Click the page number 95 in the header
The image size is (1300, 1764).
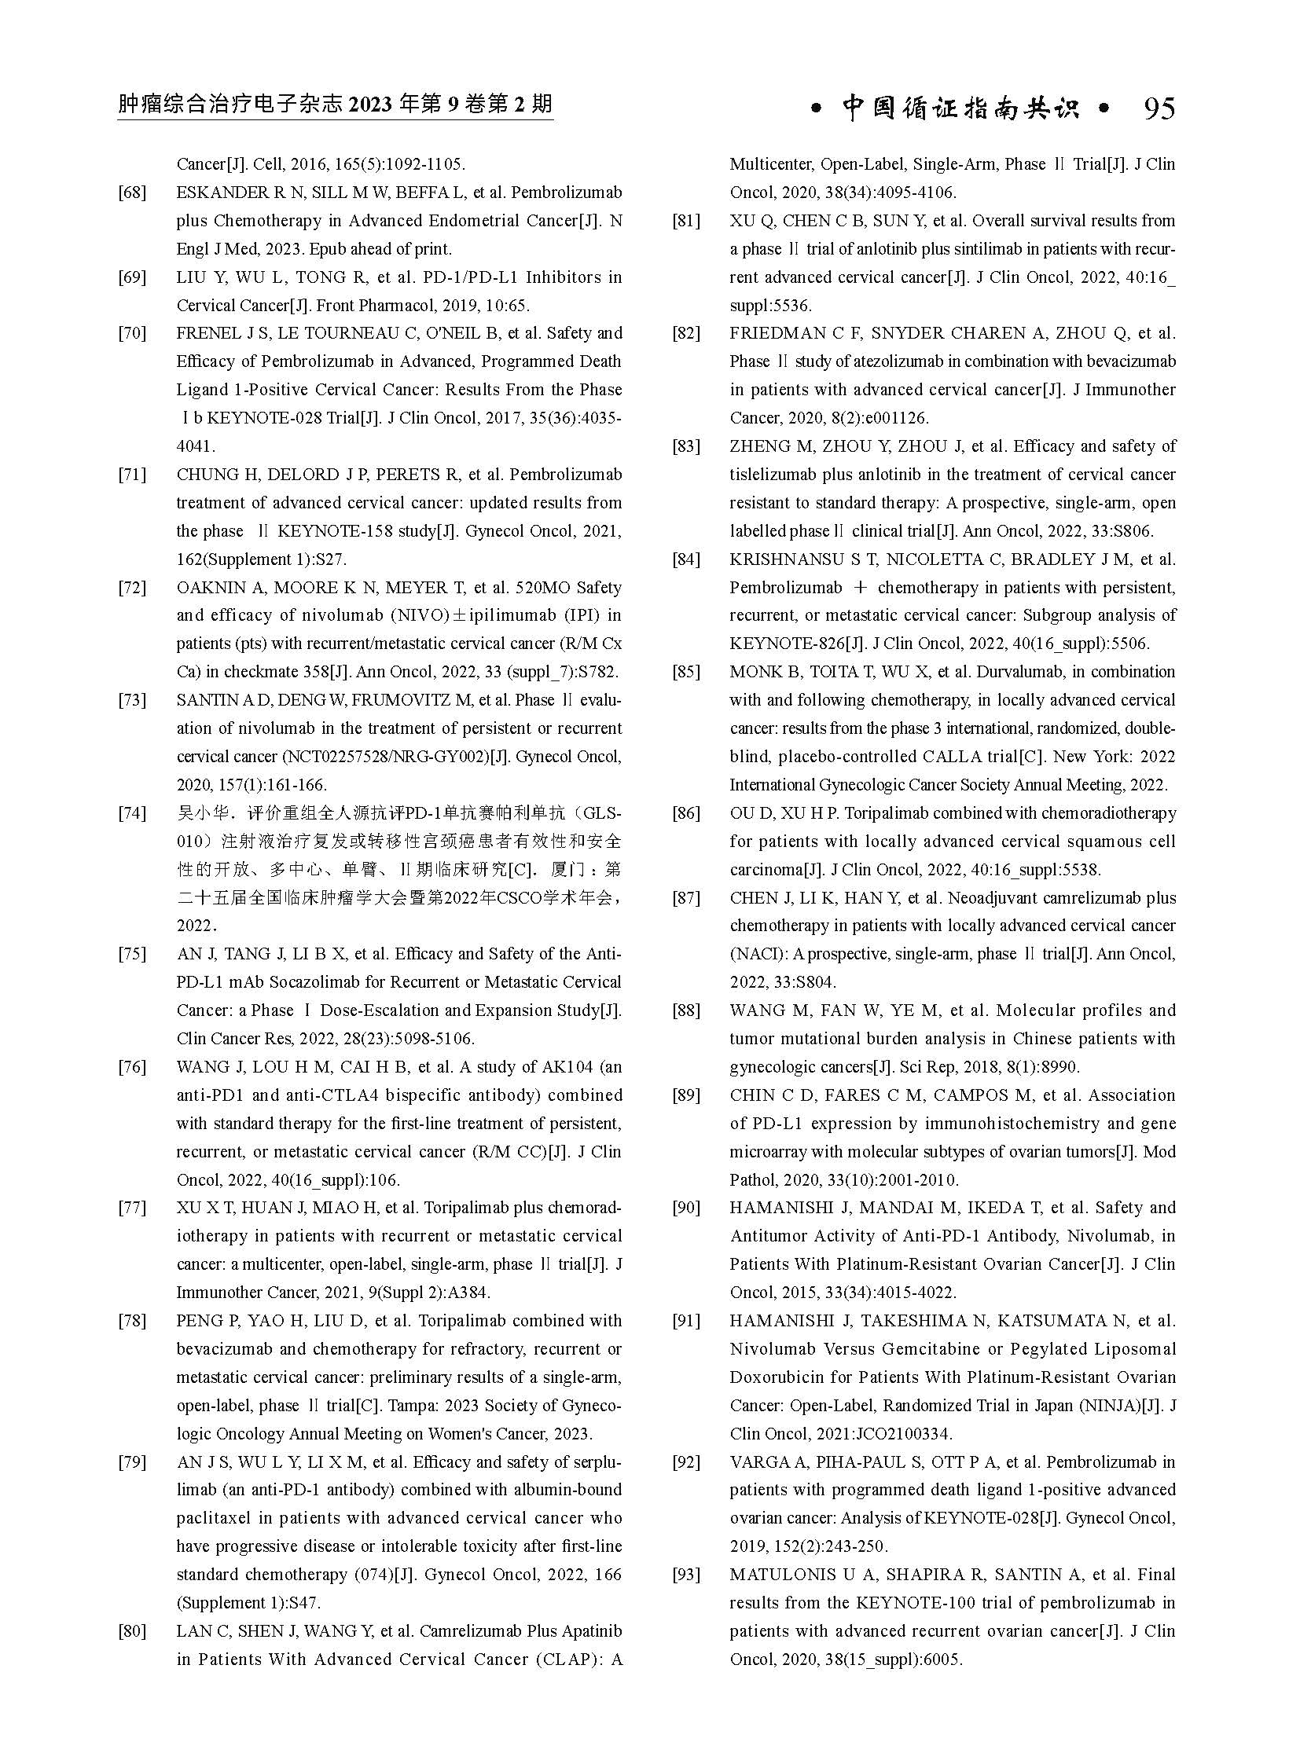pos(1159,108)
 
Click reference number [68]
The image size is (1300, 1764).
pos(132,193)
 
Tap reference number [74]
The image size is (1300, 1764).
pos(132,813)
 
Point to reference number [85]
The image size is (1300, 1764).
pos(685,672)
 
